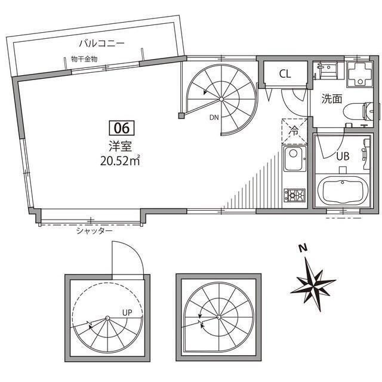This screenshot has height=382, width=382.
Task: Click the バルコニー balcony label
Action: (x=102, y=43)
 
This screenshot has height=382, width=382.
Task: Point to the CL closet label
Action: (x=285, y=74)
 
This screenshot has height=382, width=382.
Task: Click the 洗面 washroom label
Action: (x=332, y=98)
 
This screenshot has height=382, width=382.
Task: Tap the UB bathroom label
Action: (x=342, y=156)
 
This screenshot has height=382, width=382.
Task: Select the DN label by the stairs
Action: (x=214, y=118)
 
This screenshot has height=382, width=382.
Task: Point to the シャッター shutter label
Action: (x=94, y=230)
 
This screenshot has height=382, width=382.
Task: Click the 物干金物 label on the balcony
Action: (x=84, y=58)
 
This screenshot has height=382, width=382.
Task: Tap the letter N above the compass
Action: (x=303, y=249)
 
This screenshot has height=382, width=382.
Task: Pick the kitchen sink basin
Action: (x=294, y=162)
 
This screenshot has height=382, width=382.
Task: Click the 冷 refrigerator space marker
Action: (x=294, y=129)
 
